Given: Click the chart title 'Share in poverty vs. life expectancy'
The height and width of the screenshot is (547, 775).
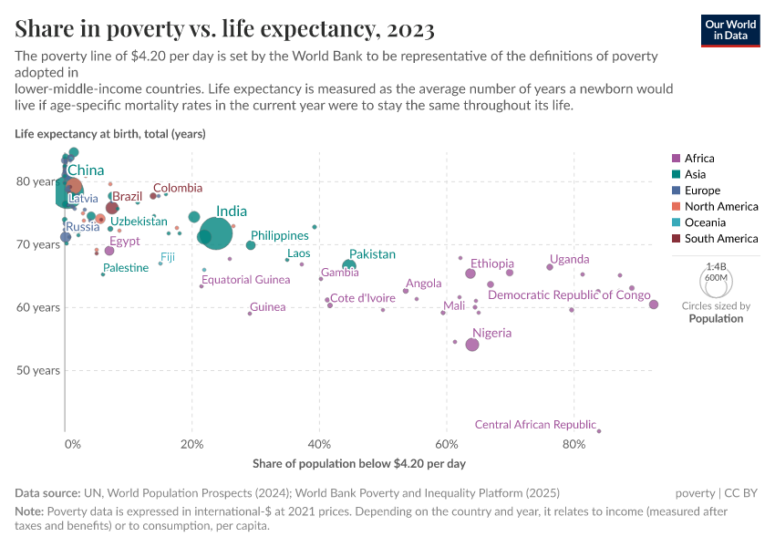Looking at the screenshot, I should [x=224, y=29].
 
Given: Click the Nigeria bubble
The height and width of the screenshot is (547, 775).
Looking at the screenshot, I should [x=471, y=345].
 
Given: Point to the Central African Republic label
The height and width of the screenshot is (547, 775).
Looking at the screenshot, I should [x=535, y=425].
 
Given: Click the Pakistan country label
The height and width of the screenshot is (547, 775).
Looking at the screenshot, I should [x=372, y=254].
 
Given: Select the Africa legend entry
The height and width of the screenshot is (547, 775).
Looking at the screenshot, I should [x=699, y=159].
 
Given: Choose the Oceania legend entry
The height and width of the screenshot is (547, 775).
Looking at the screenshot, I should [x=705, y=222].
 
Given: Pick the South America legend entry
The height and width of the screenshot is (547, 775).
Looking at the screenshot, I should [x=720, y=239].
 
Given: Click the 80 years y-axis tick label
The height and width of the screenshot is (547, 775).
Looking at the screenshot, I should [x=37, y=181].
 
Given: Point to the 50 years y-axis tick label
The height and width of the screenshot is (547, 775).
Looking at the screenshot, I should [x=37, y=370].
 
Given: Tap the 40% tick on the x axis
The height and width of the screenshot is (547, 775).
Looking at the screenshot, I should [x=319, y=445].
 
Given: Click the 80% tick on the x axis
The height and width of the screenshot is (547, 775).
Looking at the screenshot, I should [x=573, y=445].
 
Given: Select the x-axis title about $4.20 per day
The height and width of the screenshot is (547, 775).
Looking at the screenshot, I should [x=359, y=464].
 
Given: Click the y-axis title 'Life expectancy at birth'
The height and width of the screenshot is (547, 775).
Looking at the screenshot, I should [x=110, y=134].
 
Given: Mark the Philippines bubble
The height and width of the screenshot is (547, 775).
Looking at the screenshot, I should [x=251, y=245].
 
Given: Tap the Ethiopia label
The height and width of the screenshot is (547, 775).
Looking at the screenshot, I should [x=492, y=263].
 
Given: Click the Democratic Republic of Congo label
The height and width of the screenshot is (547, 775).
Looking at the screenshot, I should [x=569, y=295].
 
